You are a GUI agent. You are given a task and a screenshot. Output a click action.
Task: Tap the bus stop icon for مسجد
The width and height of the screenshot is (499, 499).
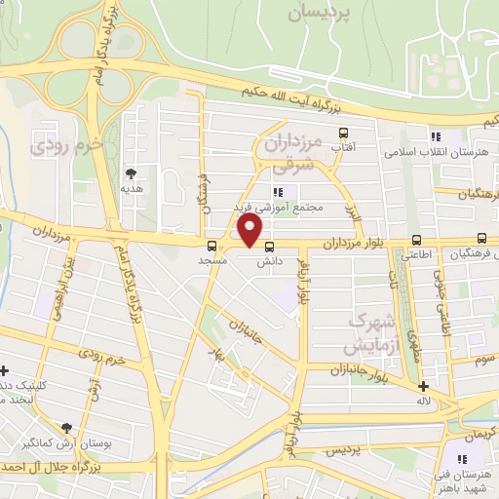(x=212, y=245)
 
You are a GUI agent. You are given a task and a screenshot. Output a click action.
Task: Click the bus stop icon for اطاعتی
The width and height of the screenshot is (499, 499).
(x=417, y=240)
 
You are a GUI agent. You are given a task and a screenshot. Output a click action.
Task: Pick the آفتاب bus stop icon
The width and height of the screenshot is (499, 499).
(x=342, y=133)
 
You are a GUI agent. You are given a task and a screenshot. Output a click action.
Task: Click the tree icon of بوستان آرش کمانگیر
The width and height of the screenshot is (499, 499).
(x=66, y=428)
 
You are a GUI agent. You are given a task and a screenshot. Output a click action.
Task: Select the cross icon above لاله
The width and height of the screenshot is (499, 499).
(x=423, y=386)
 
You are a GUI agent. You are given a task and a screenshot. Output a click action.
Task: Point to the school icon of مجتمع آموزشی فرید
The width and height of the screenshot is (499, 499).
(x=278, y=192)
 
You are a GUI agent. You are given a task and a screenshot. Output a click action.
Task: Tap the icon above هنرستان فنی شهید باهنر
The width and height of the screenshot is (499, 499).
(x=462, y=457)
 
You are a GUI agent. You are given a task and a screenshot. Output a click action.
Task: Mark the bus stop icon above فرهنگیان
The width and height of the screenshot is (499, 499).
(x=481, y=239)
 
